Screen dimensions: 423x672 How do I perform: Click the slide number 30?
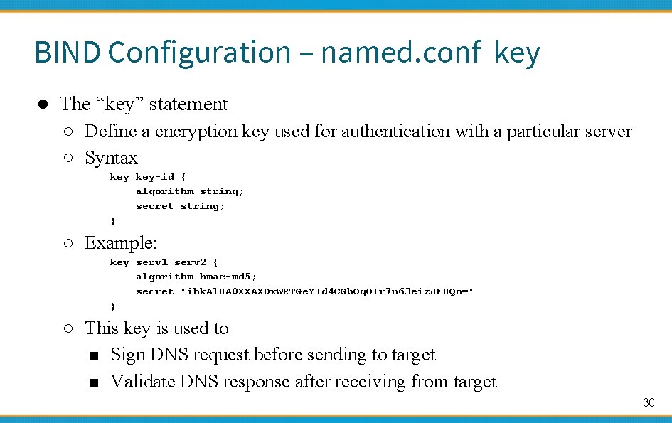pyautogui.click(x=648, y=402)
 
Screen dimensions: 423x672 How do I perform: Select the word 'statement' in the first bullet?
pyautogui.click(x=188, y=105)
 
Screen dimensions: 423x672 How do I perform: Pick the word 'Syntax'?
pyautogui.click(x=111, y=158)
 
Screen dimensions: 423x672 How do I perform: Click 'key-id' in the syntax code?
pyautogui.click(x=154, y=177)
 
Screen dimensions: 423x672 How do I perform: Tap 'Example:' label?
pyautogui.click(x=120, y=243)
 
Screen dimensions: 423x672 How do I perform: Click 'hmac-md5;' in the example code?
pyautogui.click(x=228, y=277)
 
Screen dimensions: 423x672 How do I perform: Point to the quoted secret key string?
pyautogui.click(x=327, y=291)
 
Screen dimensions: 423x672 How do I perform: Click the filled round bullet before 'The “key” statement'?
pyautogui.click(x=43, y=105)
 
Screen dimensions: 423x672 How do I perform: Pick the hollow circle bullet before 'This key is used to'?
pyautogui.click(x=68, y=328)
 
